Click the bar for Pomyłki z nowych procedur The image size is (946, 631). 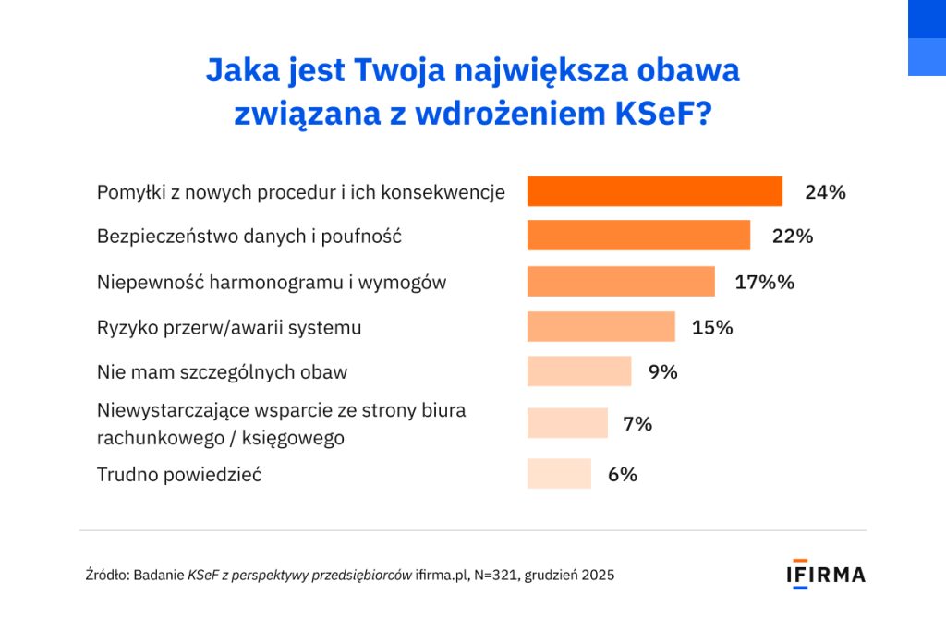(654, 191)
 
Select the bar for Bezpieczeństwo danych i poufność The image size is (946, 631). (638, 236)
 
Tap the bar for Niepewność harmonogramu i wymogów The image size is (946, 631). (621, 281)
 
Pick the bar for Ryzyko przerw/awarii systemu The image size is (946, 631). (600, 326)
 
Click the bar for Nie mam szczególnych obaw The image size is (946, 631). (578, 371)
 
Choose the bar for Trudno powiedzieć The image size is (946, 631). (558, 474)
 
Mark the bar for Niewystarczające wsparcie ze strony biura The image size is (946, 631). (567, 423)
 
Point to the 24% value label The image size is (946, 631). (825, 192)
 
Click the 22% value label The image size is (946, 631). (793, 237)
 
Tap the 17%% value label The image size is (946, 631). (764, 282)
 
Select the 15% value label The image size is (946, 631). (712, 327)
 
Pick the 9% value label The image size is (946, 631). (662, 372)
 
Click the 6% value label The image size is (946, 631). (622, 475)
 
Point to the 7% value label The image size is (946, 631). (637, 424)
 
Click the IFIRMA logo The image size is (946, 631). (826, 574)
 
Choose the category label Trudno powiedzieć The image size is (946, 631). (179, 475)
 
